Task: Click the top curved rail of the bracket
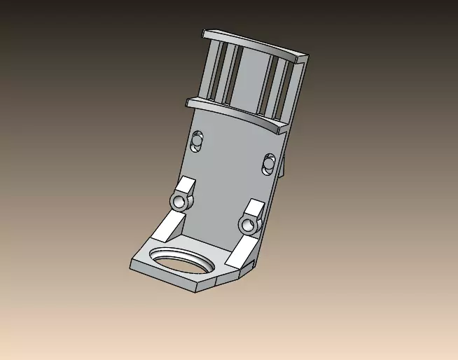(x=252, y=43)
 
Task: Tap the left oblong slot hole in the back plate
(x=197, y=141)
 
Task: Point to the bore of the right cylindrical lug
(x=247, y=226)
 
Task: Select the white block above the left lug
(x=186, y=186)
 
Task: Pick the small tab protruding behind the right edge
(x=284, y=168)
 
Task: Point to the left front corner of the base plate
(x=133, y=265)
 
